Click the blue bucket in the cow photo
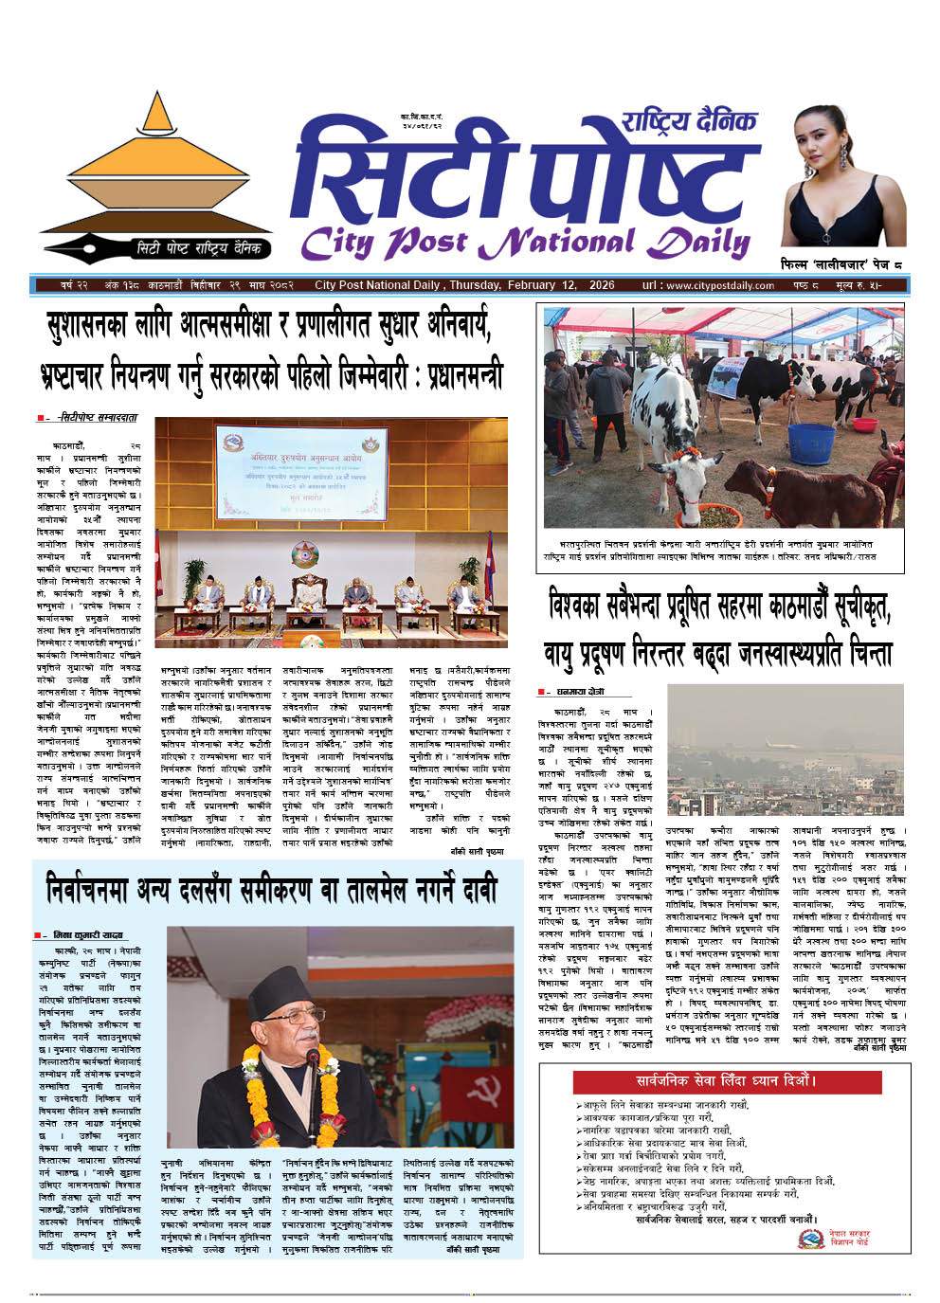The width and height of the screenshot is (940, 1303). pyautogui.click(x=811, y=443)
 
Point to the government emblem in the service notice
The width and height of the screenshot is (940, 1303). pyautogui.click(x=810, y=1238)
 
